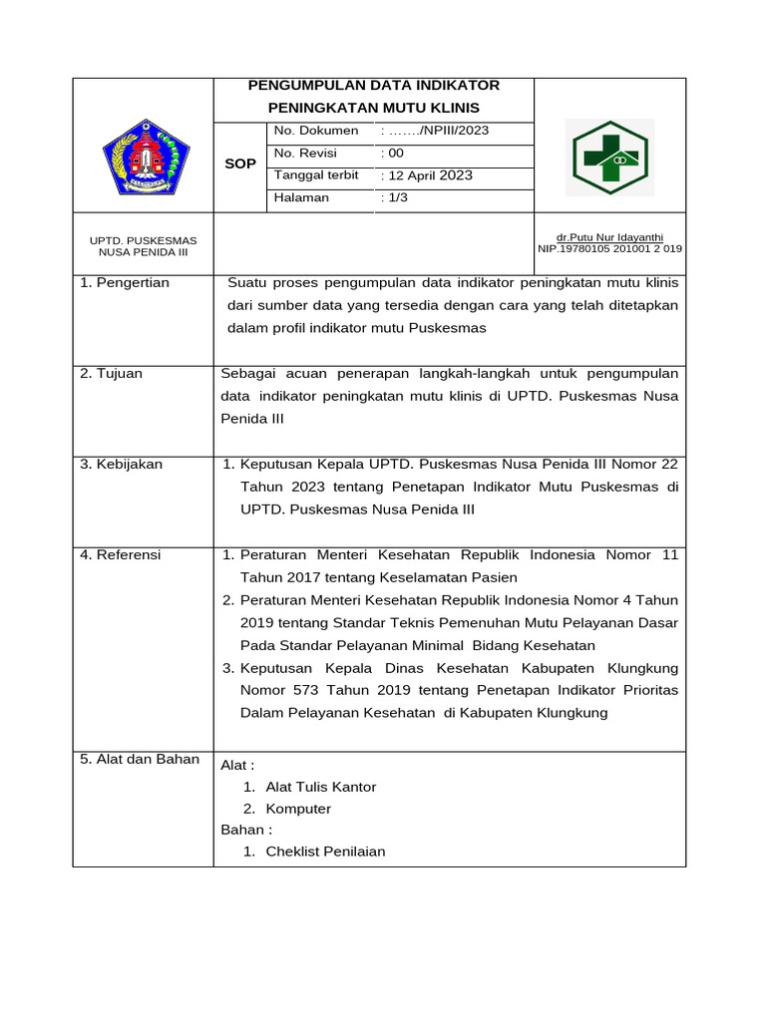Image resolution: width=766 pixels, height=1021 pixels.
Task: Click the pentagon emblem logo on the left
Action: (145, 157)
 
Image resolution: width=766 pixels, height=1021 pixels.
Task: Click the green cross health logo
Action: (610, 158)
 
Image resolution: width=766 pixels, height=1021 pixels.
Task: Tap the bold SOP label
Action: (240, 164)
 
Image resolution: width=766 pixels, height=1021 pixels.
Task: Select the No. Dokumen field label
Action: (316, 131)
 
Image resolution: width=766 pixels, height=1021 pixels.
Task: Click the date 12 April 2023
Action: (428, 175)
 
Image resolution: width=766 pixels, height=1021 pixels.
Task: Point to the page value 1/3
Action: (394, 198)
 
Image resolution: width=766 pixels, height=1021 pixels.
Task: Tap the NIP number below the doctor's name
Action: (609, 248)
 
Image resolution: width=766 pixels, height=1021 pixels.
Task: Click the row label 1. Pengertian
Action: (125, 283)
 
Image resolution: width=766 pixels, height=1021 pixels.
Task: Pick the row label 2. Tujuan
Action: (112, 374)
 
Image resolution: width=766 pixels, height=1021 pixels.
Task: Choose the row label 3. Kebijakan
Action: (122, 465)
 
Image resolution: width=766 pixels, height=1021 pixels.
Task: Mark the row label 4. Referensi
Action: (121, 555)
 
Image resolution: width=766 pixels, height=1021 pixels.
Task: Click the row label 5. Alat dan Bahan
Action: (140, 760)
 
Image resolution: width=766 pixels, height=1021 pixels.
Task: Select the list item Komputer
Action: (298, 809)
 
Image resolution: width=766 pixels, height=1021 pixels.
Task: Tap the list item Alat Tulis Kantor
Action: (321, 787)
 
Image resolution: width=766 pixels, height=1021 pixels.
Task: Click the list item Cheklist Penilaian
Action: (325, 851)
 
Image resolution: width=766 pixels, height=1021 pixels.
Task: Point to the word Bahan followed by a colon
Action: (245, 830)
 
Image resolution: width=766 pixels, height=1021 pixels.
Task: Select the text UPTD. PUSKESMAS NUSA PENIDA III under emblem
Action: (144, 246)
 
